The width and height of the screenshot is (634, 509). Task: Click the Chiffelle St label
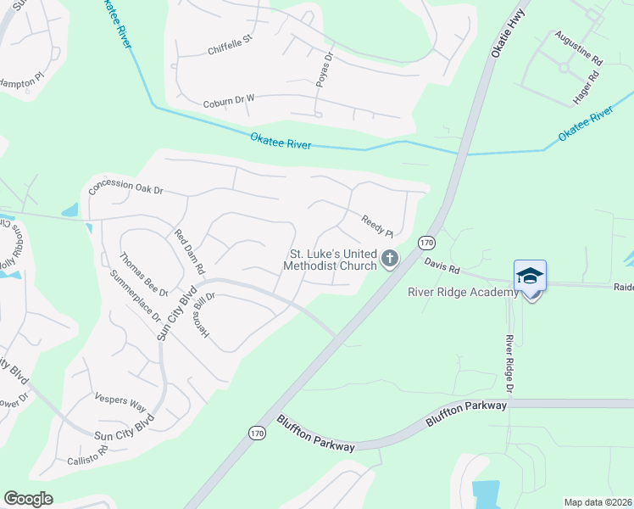click(231, 45)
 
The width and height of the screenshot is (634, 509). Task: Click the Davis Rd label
click(442, 267)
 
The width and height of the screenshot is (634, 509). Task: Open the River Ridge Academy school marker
click(530, 277)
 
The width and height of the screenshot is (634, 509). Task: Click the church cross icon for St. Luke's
click(389, 259)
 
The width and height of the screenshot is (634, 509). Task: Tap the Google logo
click(29, 498)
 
